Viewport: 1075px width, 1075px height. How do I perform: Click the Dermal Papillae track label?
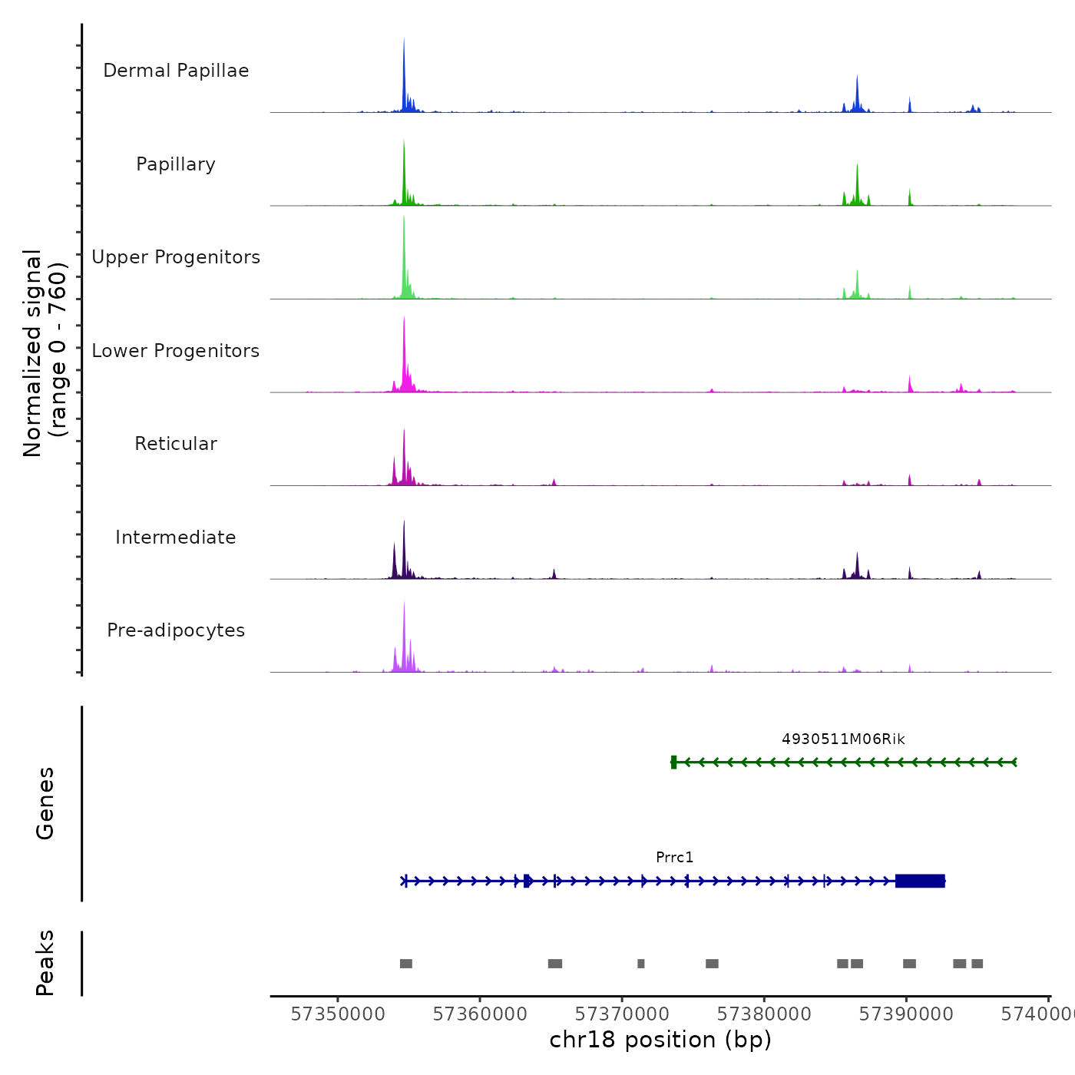(x=176, y=71)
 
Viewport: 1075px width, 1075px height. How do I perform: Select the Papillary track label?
(x=176, y=164)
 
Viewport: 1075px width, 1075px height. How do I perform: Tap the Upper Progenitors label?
(x=176, y=257)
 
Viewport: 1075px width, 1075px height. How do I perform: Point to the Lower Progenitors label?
(x=176, y=351)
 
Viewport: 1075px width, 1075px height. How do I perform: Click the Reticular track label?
(x=176, y=444)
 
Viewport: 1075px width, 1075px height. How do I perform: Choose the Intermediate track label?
(x=176, y=537)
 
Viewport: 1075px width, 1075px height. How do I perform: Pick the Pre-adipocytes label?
(x=176, y=630)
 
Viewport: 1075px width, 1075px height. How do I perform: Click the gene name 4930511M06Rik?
(x=843, y=739)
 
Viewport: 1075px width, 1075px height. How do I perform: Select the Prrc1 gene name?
(x=674, y=858)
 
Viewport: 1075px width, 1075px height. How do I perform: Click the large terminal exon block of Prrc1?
(x=920, y=881)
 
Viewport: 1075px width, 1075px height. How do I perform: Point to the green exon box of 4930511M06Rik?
(x=673, y=762)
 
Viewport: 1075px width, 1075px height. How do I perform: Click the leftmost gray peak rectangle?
(x=406, y=964)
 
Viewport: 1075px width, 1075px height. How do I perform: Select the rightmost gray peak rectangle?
(x=977, y=964)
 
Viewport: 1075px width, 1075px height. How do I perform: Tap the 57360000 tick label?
(x=480, y=1014)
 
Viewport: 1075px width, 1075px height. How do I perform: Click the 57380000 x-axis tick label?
(x=764, y=1014)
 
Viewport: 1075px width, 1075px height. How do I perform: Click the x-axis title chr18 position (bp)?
(x=660, y=1040)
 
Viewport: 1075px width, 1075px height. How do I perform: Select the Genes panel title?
(x=45, y=803)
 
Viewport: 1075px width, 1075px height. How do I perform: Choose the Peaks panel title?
(x=45, y=963)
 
